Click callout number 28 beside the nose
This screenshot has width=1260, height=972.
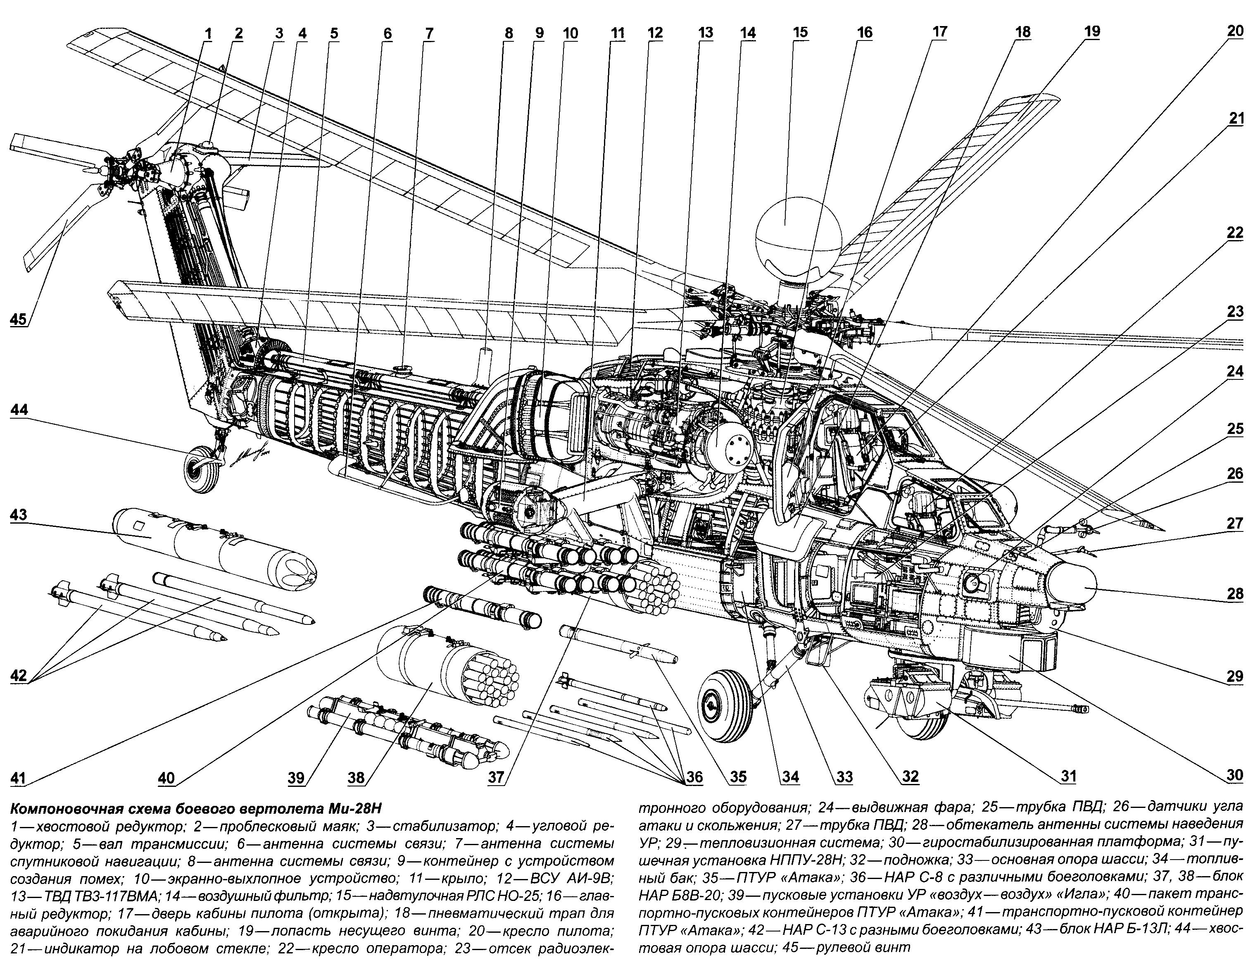(1235, 594)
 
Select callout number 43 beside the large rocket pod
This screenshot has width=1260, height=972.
(19, 515)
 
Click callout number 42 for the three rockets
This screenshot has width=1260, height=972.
(19, 675)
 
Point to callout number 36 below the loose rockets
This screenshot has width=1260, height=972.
(694, 777)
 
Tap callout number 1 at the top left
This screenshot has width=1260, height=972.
(208, 33)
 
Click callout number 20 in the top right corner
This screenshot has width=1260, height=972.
(1235, 31)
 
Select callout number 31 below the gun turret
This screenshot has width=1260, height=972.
(1068, 777)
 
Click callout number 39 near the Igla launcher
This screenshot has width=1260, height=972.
(297, 777)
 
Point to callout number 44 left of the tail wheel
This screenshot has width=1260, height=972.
(19, 410)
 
